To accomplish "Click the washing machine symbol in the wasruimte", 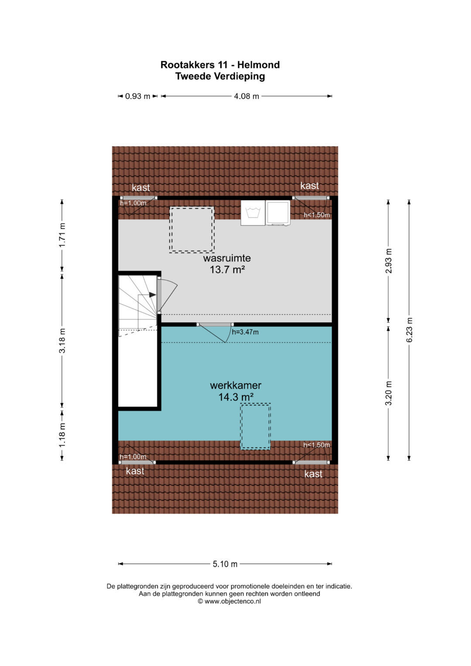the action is (x=253, y=213).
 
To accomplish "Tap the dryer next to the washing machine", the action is (x=278, y=213).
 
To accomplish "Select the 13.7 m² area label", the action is (x=227, y=270).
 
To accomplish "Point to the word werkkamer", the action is (x=235, y=385).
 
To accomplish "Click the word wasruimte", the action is (x=227, y=258).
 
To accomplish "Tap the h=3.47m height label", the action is (x=245, y=332).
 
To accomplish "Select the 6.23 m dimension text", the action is (x=409, y=330).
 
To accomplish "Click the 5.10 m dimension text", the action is (x=225, y=564).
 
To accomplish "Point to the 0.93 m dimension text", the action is (x=137, y=96).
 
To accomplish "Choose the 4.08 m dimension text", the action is (x=246, y=96).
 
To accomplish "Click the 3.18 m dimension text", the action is (x=62, y=341).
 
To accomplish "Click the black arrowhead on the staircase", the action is (x=153, y=295).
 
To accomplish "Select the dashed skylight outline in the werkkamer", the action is (x=256, y=426).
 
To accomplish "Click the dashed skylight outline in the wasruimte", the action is (x=192, y=230).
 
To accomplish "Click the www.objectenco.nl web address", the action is (x=232, y=601).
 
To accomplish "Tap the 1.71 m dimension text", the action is (x=62, y=235).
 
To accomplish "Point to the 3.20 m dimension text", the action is (x=388, y=393).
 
